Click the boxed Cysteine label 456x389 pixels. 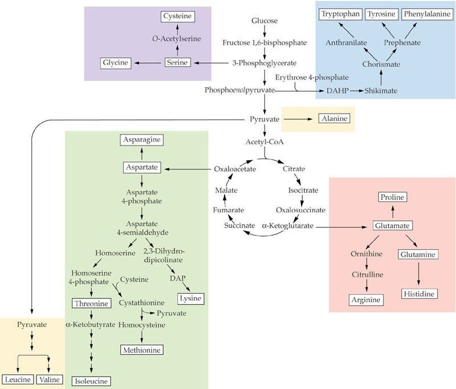pos(177,16)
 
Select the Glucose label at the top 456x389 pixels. pos(264,21)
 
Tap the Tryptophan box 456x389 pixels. pos(340,13)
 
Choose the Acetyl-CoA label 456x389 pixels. pos(265,144)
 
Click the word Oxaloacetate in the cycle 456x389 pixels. pos(235,169)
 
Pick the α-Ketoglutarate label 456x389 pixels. pos(287,226)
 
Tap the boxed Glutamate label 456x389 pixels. pos(392,226)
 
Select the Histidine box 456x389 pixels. pos(419,293)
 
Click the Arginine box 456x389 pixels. pos(365,299)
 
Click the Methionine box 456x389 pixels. pos(141,350)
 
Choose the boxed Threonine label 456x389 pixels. pos(90,303)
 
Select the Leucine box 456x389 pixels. pos(18,379)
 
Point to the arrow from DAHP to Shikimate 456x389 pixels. pos(354,91)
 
